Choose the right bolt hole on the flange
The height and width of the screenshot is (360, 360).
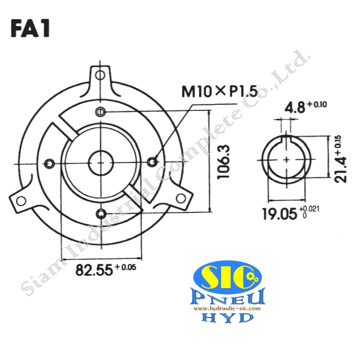coord(154,160)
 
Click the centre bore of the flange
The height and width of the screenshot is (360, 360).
coord(101,162)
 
